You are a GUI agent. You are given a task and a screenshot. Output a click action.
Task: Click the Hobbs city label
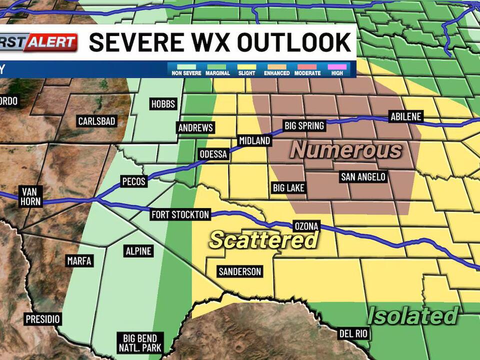tap(163, 104)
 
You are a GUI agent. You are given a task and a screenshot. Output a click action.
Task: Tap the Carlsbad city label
tap(96, 121)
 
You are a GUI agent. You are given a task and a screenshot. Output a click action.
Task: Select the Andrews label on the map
tap(195, 128)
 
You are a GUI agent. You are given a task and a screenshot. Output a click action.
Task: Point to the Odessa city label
tap(213, 154)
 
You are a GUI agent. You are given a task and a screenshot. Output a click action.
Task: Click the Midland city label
tap(254, 141)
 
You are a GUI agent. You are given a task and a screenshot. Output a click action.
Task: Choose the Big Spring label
tap(304, 125)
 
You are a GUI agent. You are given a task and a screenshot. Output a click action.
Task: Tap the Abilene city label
tap(406, 117)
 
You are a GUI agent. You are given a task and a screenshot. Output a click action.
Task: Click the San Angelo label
tap(363, 176)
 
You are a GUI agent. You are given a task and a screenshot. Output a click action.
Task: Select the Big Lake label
tap(288, 188)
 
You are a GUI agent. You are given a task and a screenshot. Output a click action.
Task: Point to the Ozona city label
tap(305, 226)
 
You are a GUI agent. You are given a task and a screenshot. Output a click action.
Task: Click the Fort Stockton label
tap(180, 215)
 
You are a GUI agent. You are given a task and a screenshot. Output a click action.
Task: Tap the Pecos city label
tap(133, 181)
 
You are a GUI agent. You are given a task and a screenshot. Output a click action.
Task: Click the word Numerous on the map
tap(346, 150)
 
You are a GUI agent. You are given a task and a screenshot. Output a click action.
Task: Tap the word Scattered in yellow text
tap(263, 240)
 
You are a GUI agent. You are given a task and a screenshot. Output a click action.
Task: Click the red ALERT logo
tap(51, 42)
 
